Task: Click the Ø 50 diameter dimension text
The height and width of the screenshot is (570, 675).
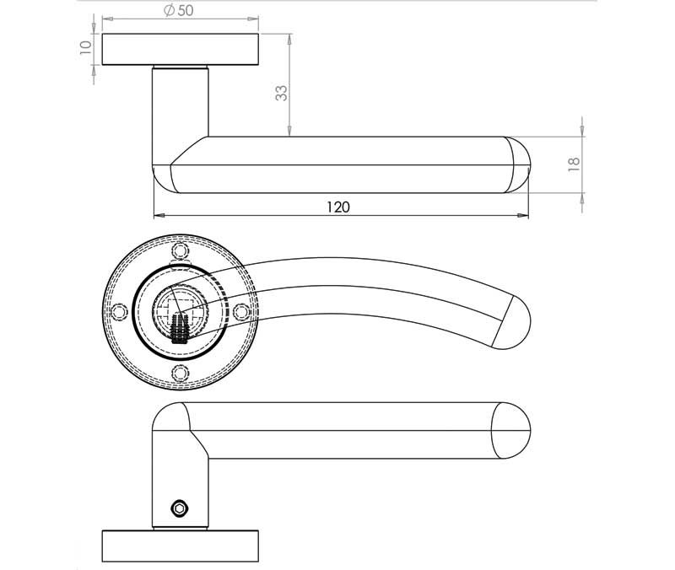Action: coord(179,10)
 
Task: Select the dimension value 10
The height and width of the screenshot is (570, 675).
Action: coord(86,47)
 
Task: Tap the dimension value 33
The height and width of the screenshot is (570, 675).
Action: coord(281,93)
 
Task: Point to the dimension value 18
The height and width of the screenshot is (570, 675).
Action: coord(575,164)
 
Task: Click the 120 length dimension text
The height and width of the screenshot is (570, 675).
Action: coord(338,207)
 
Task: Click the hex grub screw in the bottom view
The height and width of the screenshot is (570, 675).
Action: coord(179,508)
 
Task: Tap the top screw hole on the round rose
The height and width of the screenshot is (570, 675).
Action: coord(181,250)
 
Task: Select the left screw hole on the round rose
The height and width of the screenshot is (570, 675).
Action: coord(119,312)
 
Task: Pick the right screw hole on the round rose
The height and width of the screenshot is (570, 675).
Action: coord(241,312)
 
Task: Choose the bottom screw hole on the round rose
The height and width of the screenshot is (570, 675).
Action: coord(181,373)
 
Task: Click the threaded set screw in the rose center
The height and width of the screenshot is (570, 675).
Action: coord(179,329)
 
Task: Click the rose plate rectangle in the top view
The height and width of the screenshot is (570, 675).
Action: coord(181,50)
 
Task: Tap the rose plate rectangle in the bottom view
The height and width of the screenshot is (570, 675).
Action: coord(181,546)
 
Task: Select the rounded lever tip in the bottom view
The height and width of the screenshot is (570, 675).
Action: coord(511,431)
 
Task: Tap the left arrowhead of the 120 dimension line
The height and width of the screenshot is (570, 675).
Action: coord(159,215)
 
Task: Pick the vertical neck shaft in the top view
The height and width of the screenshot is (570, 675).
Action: coord(181,116)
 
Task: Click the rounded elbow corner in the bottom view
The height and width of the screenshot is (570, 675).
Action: coord(171,417)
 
